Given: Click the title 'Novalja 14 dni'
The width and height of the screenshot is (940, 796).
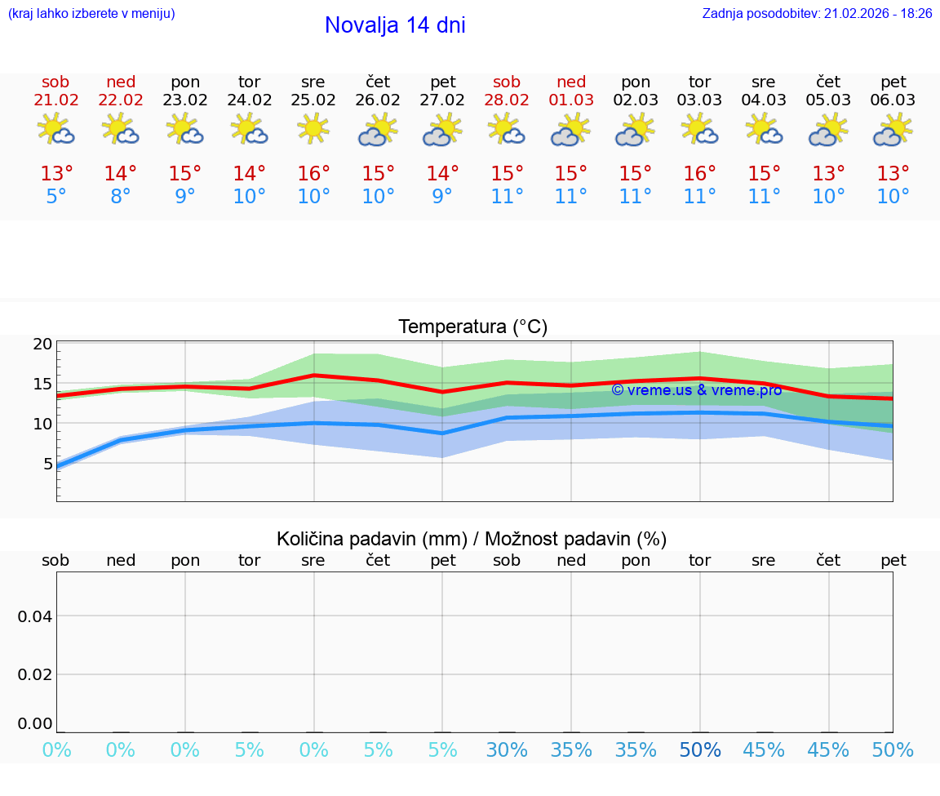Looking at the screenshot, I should [x=395, y=25].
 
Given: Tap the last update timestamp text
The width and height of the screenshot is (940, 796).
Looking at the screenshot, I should [x=817, y=14].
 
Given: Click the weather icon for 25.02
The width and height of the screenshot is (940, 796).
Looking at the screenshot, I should [x=313, y=129].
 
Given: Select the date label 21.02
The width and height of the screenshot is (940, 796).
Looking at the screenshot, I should [x=56, y=100].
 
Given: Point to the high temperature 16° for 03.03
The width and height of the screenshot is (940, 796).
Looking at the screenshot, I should [x=699, y=174].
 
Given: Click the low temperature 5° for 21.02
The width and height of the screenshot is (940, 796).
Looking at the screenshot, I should [x=56, y=197].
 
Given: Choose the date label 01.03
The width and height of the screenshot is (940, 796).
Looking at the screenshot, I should [x=571, y=100].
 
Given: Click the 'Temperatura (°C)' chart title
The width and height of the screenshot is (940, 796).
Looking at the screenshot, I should [x=472, y=327].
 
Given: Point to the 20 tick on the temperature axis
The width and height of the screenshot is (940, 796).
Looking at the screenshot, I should [x=42, y=344].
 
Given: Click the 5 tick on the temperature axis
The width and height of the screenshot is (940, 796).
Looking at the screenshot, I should [x=47, y=464].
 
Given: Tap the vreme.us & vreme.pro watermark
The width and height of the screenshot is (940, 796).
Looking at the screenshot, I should [x=696, y=390].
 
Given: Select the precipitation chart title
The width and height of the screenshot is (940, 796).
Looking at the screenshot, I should [x=472, y=539].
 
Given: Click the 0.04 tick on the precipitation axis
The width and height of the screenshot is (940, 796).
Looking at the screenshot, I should [x=35, y=616].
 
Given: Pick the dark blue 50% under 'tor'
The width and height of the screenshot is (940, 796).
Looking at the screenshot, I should [x=699, y=749].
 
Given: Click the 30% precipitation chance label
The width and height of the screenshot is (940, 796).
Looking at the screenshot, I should [x=507, y=749].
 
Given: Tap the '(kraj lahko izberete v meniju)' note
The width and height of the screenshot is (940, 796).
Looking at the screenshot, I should [x=91, y=14].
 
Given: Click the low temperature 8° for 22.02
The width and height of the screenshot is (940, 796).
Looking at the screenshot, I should [x=120, y=197].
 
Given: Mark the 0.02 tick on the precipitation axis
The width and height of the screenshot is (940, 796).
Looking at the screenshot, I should [x=35, y=674].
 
